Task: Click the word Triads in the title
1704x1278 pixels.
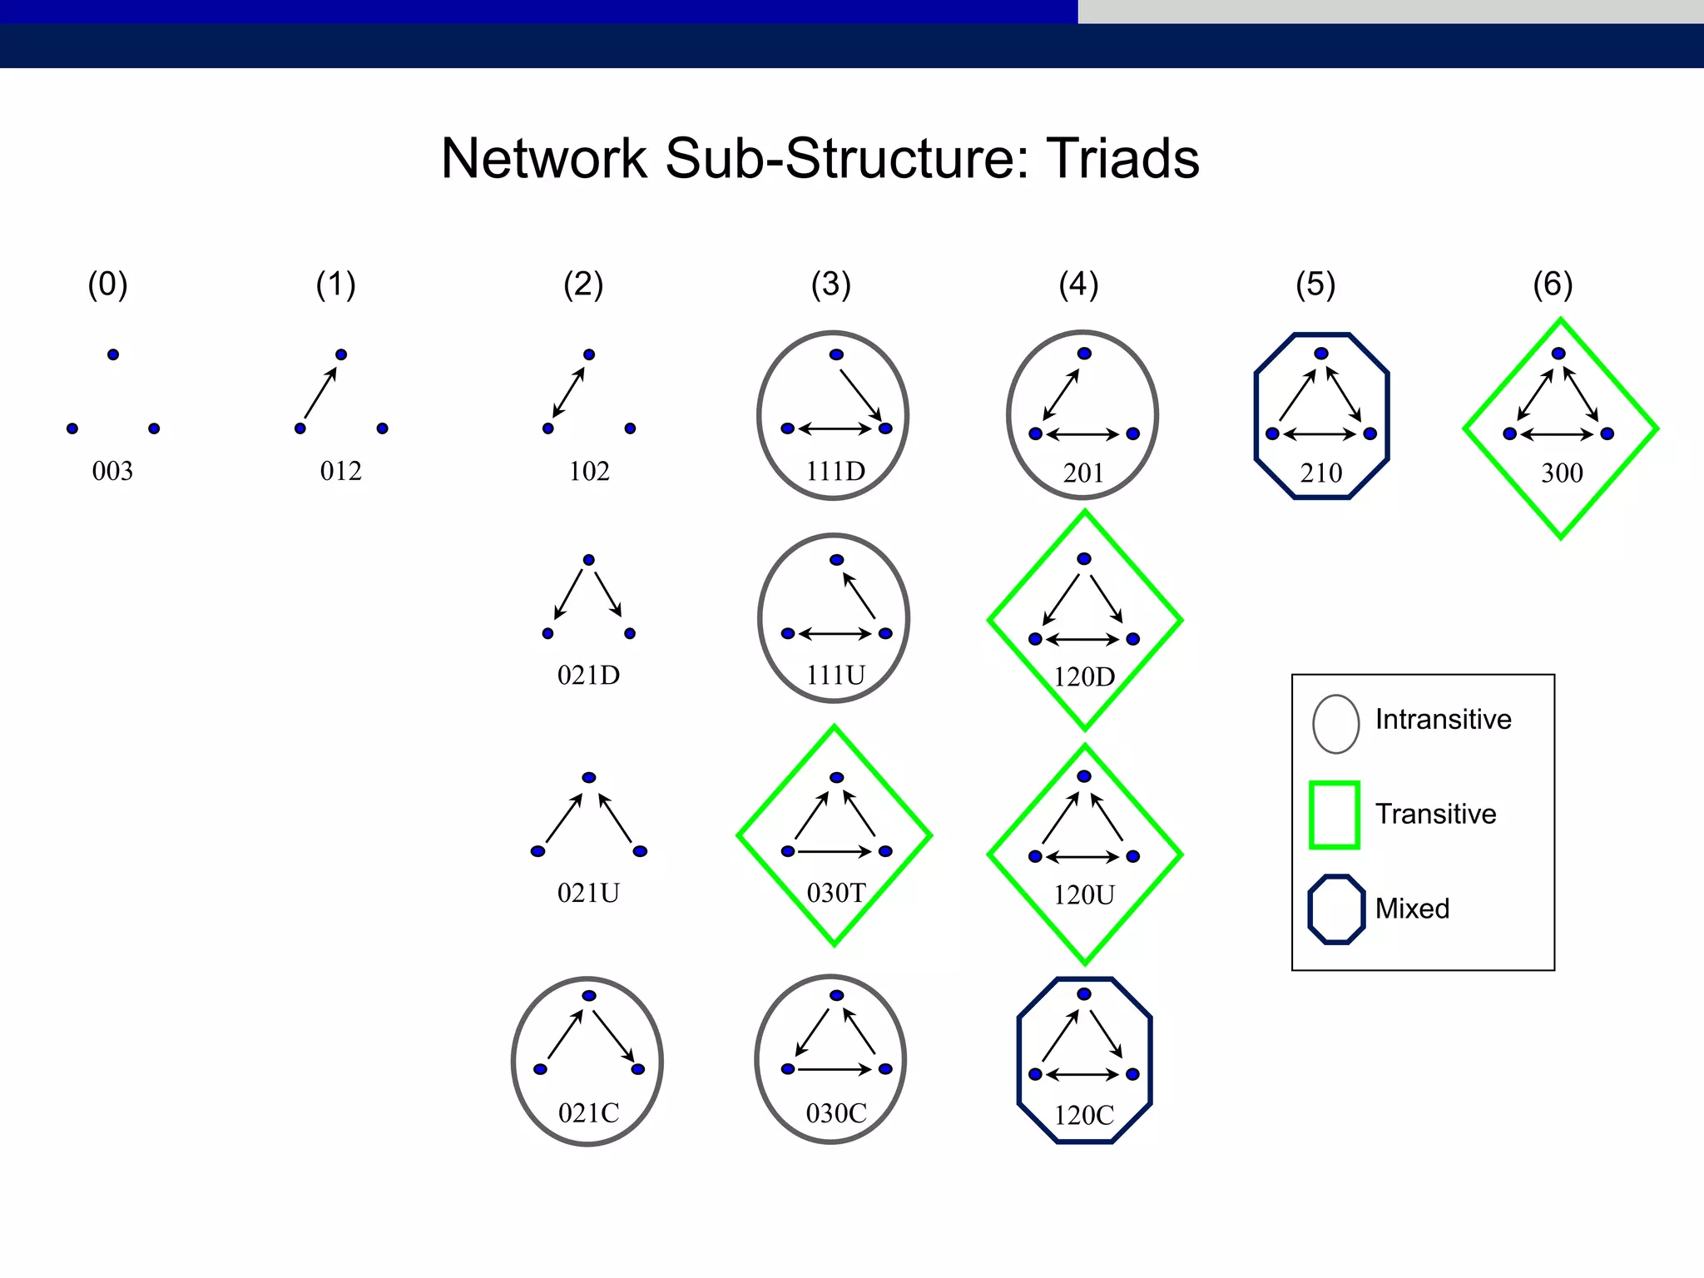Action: coord(1122,158)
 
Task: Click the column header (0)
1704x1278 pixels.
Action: coord(108,285)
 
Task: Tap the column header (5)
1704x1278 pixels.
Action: coord(1315,285)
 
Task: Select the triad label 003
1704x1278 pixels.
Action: coord(112,471)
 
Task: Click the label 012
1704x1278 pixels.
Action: coord(340,471)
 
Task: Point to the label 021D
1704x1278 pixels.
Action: coord(588,675)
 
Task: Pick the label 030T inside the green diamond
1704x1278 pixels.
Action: coord(836,893)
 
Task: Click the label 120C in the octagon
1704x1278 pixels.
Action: coord(1084,1115)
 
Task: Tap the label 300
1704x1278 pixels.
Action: coord(1562,473)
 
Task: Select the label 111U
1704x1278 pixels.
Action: coord(835,675)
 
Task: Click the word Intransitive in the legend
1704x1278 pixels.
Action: coord(1443,719)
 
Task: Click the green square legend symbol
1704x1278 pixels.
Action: coord(1335,815)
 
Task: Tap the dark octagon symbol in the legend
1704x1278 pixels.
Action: coord(1336,909)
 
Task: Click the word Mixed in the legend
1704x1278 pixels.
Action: coord(1412,909)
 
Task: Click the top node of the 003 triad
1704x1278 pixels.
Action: coord(113,354)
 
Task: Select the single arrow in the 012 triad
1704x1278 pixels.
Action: coord(320,393)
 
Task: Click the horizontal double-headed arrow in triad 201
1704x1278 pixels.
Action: coord(1083,434)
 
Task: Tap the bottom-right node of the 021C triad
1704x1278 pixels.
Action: coord(638,1069)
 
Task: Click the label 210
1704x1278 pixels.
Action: coord(1321,473)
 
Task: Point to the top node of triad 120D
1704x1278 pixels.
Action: coord(1084,559)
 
